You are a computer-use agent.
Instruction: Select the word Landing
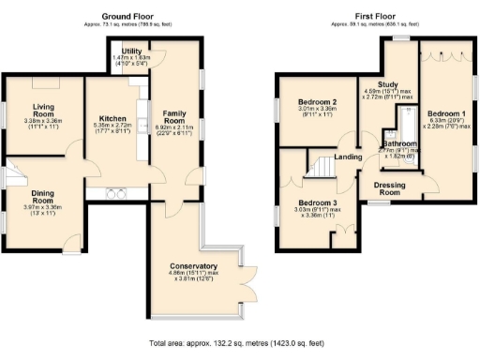[349, 157]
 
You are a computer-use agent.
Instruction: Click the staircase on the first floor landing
[323, 168]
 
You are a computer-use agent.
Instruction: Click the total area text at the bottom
[240, 343]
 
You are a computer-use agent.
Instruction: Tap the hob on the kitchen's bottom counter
[118, 193]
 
